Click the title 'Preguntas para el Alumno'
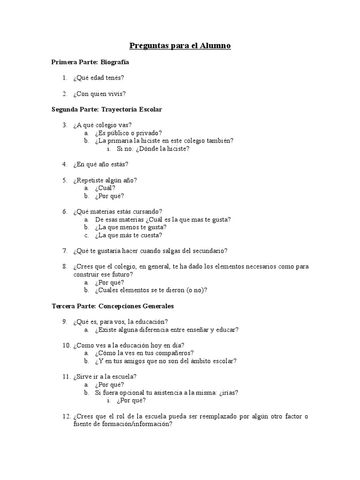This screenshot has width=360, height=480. tap(180, 46)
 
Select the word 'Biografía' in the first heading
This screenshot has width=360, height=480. tap(115, 62)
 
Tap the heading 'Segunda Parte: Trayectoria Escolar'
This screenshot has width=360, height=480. tap(106, 109)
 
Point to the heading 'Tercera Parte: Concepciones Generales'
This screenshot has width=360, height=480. tap(112, 306)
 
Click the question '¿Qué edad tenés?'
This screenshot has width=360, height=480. tap(98, 77)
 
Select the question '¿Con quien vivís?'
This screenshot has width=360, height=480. tap(99, 93)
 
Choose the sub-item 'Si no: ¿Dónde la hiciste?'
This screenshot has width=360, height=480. tap(153, 149)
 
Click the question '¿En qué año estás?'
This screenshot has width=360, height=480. tap(101, 165)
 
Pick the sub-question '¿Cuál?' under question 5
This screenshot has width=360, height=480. tap(105, 188)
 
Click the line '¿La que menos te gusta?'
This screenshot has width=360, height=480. tap(131, 227)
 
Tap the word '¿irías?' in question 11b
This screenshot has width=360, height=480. tap(229, 392)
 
